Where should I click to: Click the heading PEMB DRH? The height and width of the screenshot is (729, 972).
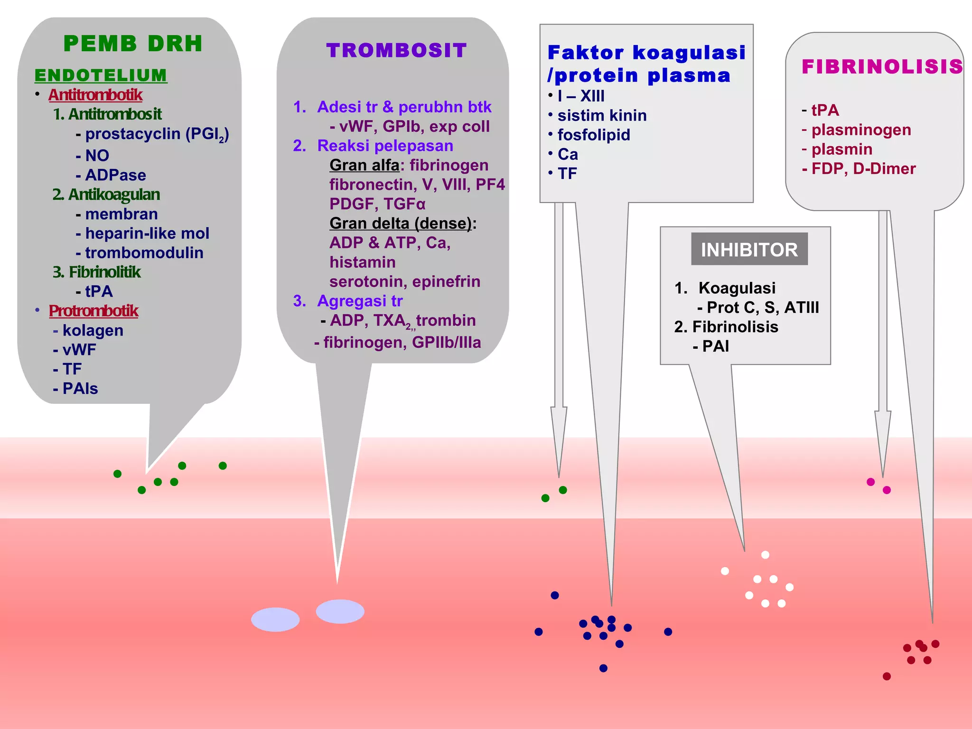133,44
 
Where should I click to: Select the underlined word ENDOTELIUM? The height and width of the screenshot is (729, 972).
101,75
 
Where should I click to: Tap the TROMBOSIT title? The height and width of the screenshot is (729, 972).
396,50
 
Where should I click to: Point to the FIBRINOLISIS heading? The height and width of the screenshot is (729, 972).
882,66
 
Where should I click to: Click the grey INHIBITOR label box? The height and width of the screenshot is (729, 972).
749,249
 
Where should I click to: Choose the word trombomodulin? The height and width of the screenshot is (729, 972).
144,252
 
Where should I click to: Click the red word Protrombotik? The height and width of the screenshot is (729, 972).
93,311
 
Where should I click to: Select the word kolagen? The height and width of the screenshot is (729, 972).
93,330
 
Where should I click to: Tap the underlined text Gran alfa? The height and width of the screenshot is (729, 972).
364,165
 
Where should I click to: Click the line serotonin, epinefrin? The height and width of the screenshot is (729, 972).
405,281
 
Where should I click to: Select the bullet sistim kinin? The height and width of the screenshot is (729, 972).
602,115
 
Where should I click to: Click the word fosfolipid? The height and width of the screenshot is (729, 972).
594,135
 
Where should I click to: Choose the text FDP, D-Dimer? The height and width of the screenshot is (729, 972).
863,168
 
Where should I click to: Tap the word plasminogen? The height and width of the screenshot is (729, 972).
861,130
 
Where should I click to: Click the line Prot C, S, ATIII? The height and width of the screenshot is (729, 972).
763,308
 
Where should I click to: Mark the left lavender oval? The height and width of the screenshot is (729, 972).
275,619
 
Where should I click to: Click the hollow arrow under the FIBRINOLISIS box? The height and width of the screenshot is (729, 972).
883,427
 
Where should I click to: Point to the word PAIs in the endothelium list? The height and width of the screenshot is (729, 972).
80,389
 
